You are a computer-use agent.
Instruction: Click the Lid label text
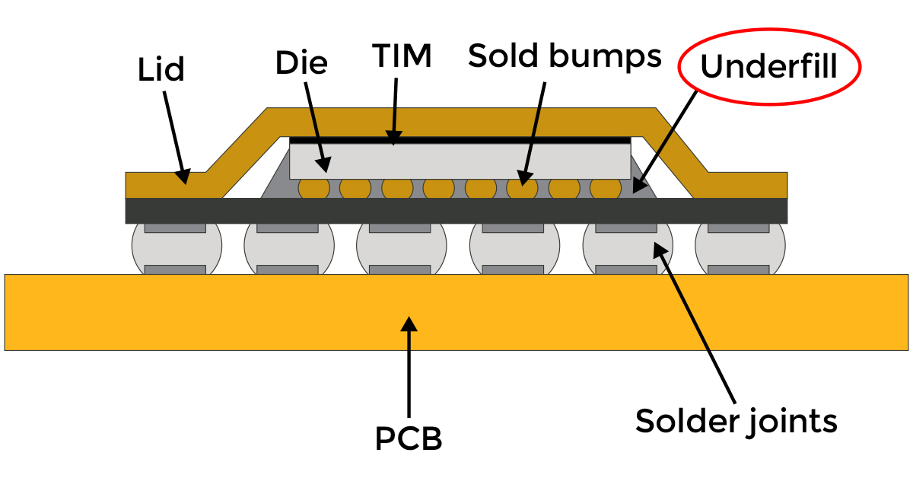point(161,71)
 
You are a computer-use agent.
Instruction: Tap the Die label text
point(301,62)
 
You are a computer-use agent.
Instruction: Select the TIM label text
point(402,56)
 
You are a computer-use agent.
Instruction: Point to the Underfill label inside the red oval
point(768,67)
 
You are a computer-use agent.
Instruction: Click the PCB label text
point(409,438)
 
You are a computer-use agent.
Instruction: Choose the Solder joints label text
point(736,420)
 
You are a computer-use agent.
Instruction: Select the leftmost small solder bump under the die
point(313,187)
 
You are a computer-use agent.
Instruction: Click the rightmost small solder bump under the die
point(606,187)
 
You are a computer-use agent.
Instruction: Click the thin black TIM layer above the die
point(460,140)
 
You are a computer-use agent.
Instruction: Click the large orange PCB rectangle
point(228,312)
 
